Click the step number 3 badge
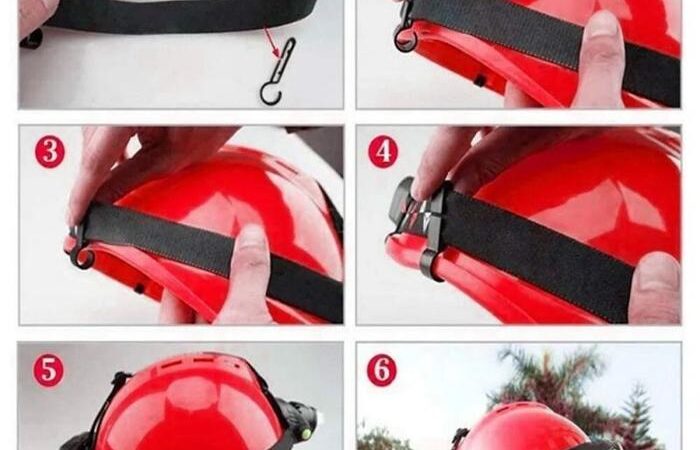tap(50, 152)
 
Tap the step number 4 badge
tap(383, 152)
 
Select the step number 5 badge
tap(48, 370)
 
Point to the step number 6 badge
tap(382, 370)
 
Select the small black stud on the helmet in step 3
tap(139, 288)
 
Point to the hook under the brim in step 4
tap(431, 266)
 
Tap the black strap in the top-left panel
tap(179, 16)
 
